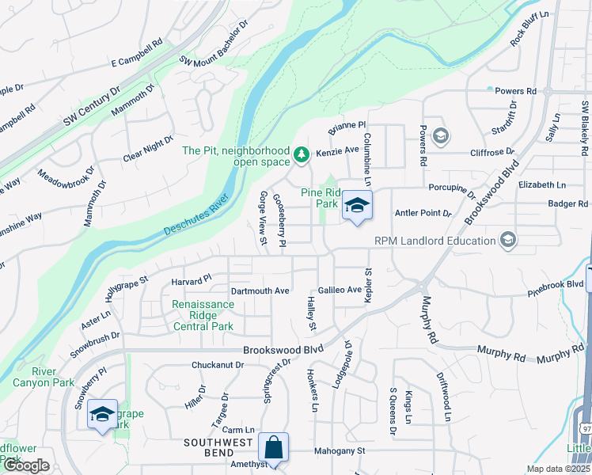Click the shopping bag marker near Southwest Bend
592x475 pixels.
point(273,448)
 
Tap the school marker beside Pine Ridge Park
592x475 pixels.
point(357,206)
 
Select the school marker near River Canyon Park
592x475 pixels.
point(102,415)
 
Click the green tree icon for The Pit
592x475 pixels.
point(301,154)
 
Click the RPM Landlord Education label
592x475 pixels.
point(432,241)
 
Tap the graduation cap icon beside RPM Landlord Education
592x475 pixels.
point(507,240)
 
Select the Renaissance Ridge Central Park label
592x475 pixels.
point(203,315)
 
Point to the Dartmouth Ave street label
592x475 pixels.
point(260,291)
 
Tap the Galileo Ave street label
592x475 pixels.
point(340,291)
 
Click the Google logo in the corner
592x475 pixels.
point(26,465)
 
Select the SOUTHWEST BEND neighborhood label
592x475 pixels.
point(218,442)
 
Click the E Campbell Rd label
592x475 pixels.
point(136,61)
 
